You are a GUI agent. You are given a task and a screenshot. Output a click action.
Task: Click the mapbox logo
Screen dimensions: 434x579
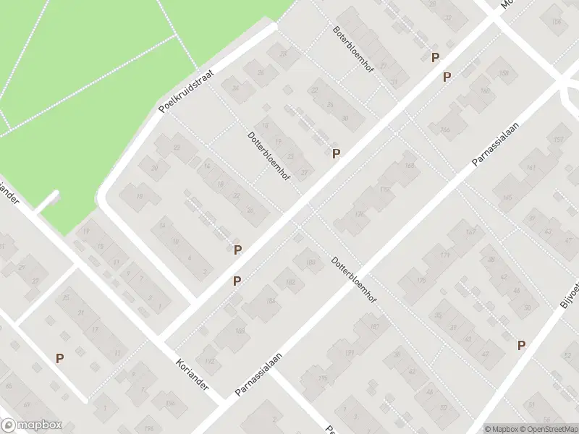(32, 425)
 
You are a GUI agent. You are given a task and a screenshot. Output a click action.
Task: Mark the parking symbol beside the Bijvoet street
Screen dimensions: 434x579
(521, 346)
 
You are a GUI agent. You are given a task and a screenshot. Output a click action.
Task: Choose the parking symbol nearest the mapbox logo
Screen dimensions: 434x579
(60, 357)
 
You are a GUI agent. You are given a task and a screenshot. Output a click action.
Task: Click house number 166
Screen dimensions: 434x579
(445, 130)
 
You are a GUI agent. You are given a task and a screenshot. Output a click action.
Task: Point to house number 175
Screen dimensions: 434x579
(421, 281)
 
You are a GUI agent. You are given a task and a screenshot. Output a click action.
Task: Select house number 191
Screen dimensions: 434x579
(349, 353)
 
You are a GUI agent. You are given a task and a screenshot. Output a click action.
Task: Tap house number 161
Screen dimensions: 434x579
(532, 168)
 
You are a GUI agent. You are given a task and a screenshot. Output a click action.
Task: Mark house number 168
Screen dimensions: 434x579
(410, 166)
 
